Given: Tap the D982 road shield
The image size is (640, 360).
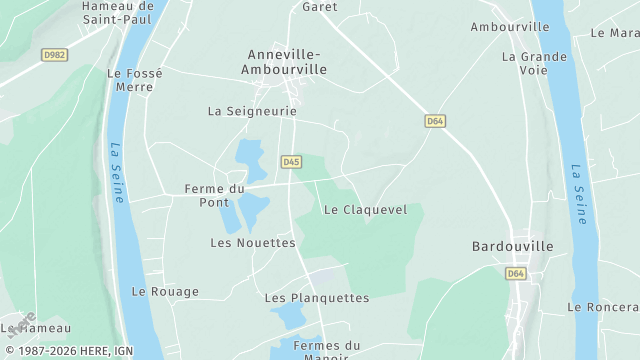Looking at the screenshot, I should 55,54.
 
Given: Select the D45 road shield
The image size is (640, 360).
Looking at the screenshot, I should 291,161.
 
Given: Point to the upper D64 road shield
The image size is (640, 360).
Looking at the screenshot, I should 434,121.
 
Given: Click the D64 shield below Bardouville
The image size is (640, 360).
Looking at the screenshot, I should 515,273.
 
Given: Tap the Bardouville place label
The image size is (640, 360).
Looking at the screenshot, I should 513,246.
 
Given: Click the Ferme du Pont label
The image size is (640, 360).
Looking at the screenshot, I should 214,195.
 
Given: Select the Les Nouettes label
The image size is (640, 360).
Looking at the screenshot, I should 253,243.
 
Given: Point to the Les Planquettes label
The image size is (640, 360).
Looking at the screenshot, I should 316,298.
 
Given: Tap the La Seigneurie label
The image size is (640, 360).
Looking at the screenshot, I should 252,111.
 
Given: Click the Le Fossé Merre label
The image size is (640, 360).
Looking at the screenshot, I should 130,80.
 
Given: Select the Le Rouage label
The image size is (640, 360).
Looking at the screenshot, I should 165,292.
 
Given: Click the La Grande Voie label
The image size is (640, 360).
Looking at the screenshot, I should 536,63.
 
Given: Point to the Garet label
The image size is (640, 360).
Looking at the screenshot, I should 320,6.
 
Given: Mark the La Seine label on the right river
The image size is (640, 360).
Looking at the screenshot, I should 579,194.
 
